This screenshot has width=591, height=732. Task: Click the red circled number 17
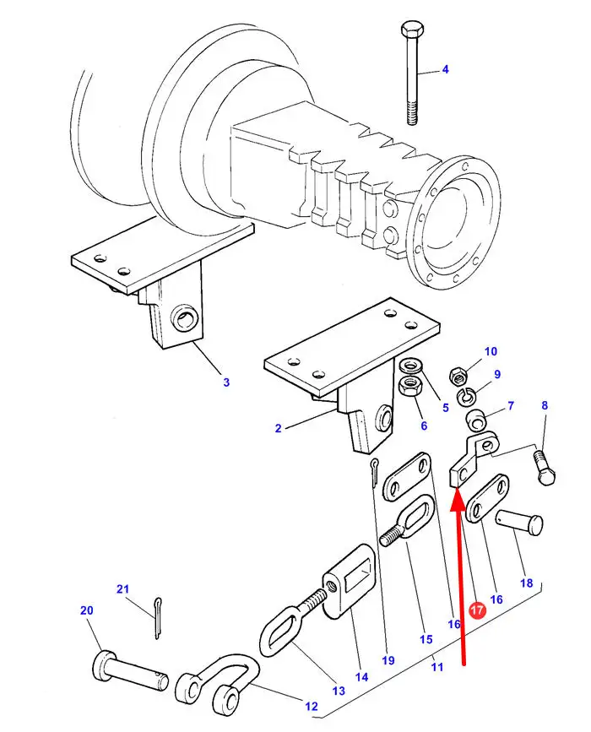pos(478,610)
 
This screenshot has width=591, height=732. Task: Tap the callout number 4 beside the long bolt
pos(445,69)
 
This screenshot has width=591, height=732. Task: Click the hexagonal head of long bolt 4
pos(411,29)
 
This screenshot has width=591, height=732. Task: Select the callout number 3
pos(226,382)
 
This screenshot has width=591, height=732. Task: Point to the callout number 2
pos(279,428)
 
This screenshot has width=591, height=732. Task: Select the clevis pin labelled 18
pos(518,523)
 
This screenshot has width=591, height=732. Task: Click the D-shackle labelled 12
pos(217,680)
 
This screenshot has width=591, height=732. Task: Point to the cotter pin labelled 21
pos(157,618)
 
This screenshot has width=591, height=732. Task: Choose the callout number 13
pos(339,691)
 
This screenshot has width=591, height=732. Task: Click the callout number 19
pos(388,660)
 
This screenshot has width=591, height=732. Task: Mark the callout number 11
pos(437,667)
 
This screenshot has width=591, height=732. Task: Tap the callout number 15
pos(426,639)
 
